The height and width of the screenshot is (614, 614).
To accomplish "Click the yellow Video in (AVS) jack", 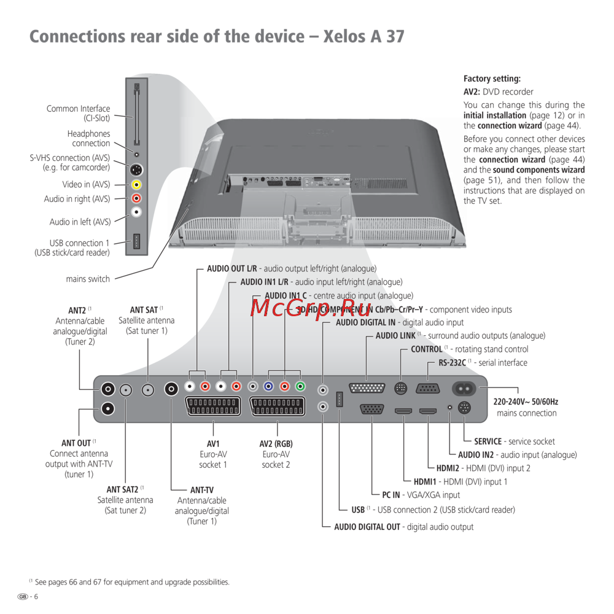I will (137, 184).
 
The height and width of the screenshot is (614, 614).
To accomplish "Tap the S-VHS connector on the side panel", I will (137, 169).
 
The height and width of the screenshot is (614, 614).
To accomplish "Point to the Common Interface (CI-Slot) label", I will (79, 114).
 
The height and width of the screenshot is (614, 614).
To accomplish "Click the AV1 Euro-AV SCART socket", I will (212, 406).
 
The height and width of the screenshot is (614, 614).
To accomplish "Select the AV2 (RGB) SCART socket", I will (277, 406).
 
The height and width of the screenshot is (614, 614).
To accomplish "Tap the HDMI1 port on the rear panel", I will (403, 410).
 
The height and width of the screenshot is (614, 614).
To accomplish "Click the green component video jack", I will (300, 387).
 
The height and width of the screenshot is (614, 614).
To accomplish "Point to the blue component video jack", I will (268, 387).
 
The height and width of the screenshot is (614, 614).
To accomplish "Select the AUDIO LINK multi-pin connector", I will (367, 388).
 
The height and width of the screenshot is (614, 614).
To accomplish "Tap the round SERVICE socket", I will (464, 408).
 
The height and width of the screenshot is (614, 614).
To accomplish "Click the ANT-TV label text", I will (202, 490).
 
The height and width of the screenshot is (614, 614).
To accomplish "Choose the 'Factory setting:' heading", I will (492, 79).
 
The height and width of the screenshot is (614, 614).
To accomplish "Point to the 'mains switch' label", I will (88, 279).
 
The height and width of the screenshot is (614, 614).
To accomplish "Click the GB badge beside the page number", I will (23, 597).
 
